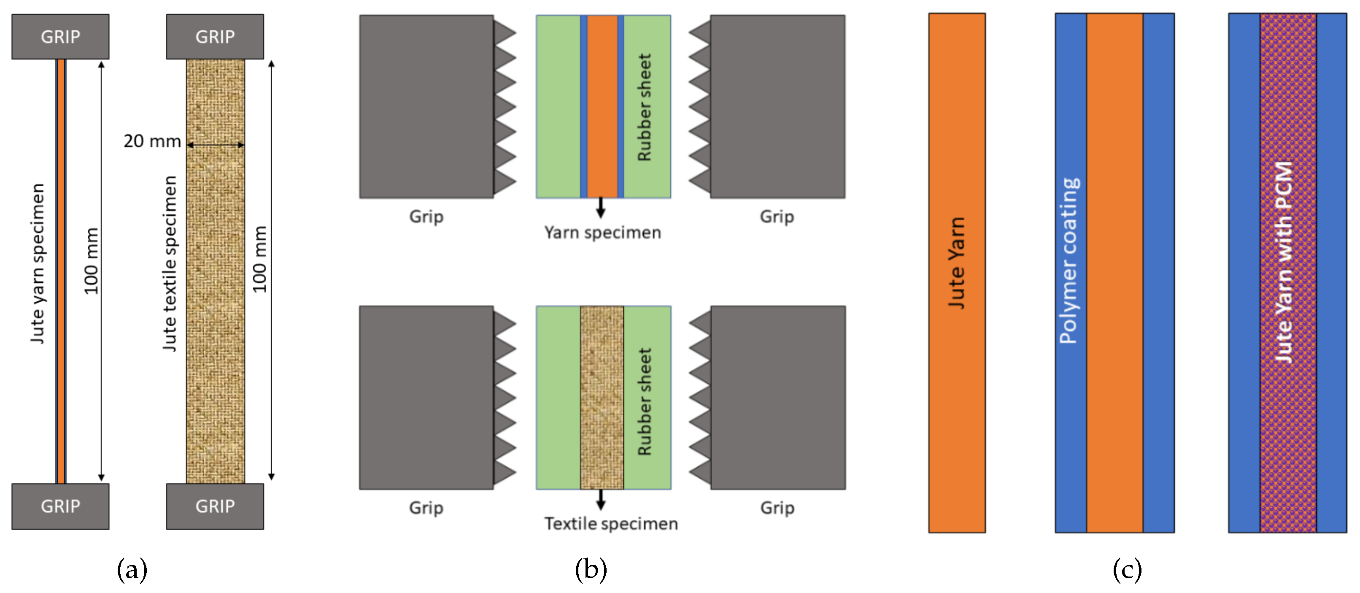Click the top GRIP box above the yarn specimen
pos(60,36)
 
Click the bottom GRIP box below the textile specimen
pos(215,506)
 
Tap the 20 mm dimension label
pos(152,141)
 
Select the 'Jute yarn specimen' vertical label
pos(38,264)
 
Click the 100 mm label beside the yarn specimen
pos(92,261)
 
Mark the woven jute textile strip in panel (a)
pos(216,317)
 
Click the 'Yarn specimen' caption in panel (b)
pos(602,232)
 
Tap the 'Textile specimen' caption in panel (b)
pos(611,523)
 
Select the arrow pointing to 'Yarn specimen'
pos(600,208)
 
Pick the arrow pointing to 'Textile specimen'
pos(600,499)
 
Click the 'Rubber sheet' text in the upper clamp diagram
pos(645,107)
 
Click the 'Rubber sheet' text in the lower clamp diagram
pos(645,401)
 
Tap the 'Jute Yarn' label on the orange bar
pos(957,263)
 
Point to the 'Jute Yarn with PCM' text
pos(1284,263)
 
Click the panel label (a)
pos(132,570)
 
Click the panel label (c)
pos(1127,570)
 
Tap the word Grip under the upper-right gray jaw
pos(777,217)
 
